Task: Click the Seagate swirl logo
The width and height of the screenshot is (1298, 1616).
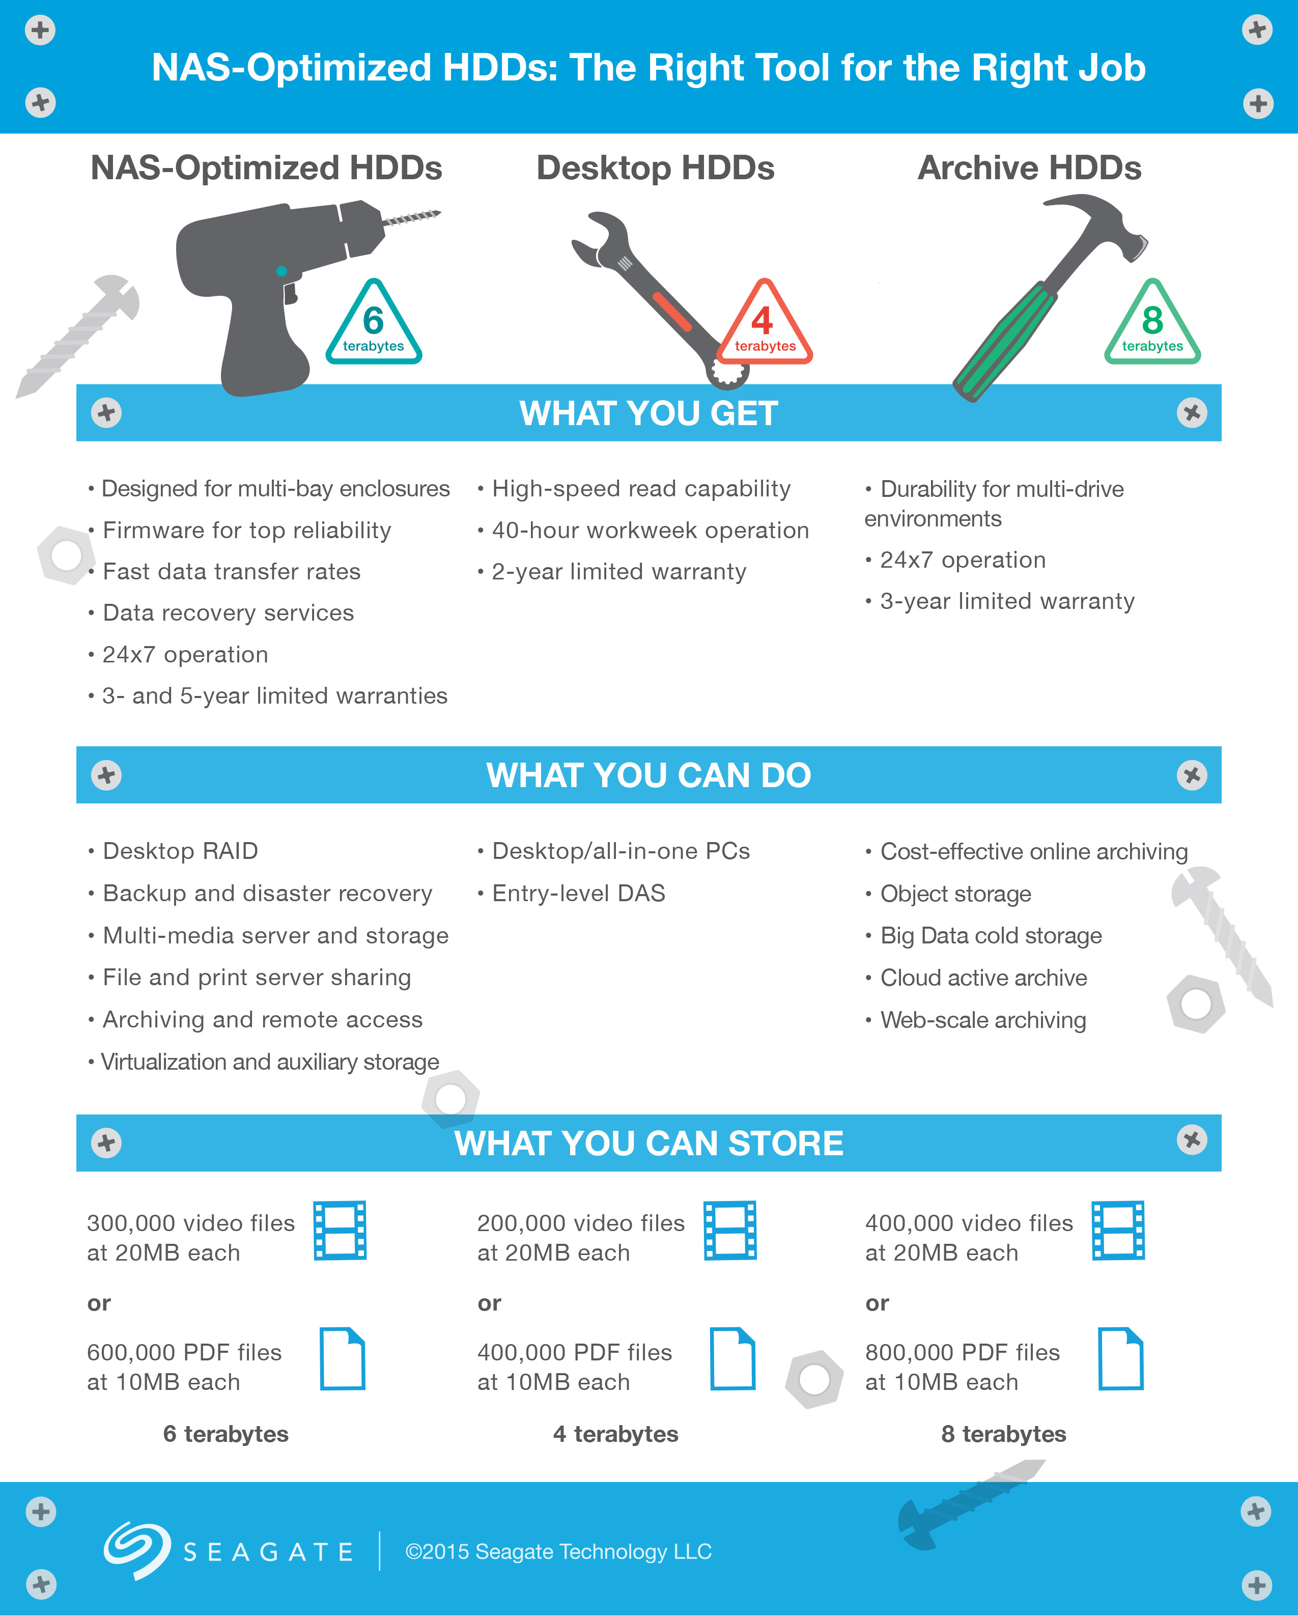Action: tap(136, 1550)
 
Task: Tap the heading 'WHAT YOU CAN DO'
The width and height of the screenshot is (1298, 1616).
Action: tap(649, 775)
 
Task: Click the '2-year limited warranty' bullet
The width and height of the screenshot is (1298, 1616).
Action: tap(612, 571)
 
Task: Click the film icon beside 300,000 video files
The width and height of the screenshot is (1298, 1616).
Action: tap(340, 1230)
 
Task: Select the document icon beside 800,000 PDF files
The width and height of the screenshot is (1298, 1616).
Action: tap(1121, 1358)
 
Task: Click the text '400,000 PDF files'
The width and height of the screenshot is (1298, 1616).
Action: tap(575, 1352)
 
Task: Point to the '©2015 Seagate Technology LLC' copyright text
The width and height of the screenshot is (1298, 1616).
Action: tap(558, 1551)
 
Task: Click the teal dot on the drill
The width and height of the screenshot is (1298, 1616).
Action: tap(281, 271)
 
